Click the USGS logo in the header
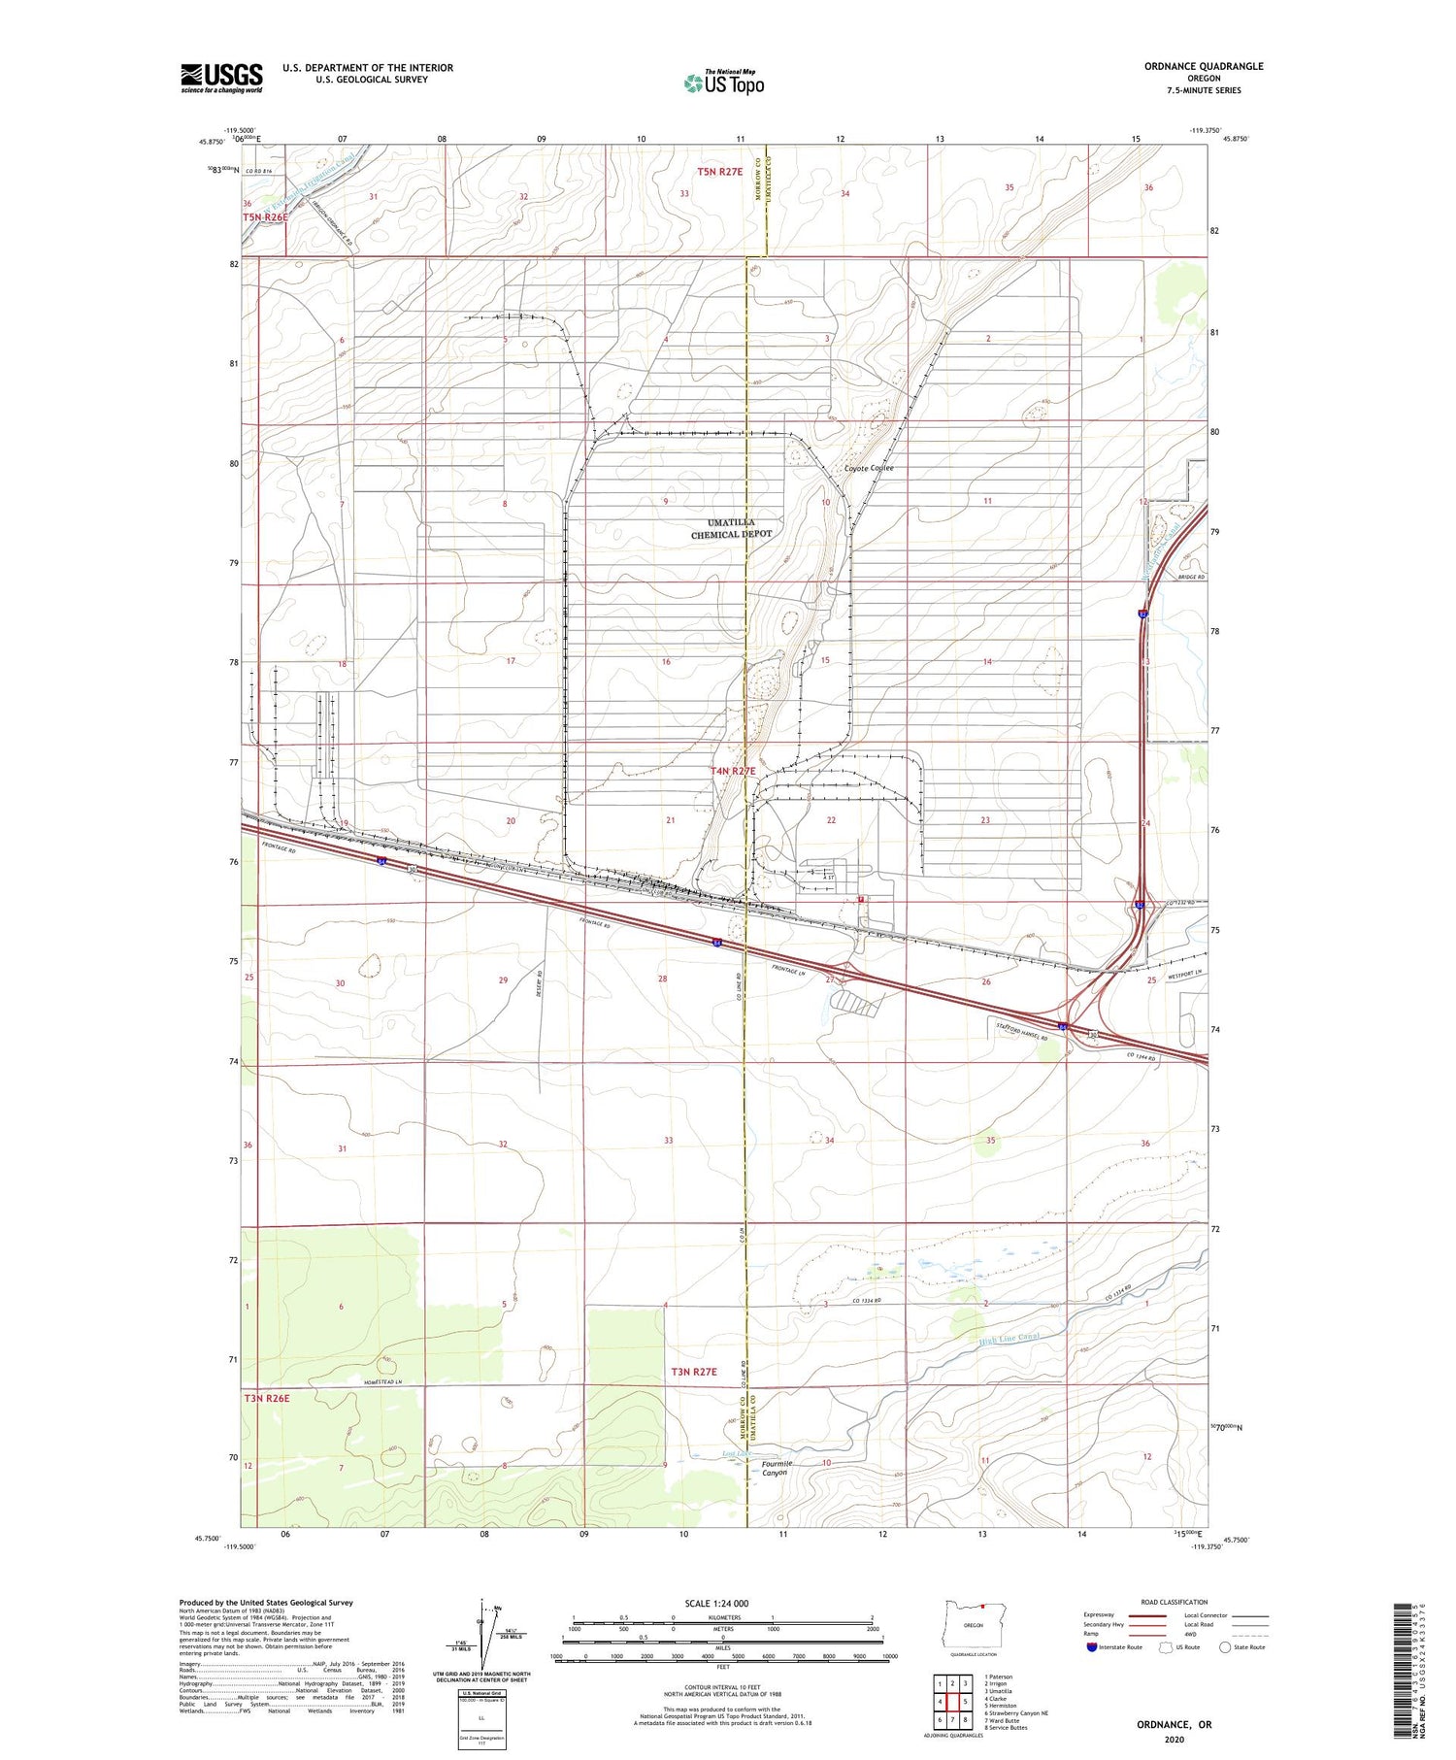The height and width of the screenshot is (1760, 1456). click(x=221, y=78)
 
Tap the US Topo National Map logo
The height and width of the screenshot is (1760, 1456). click(x=723, y=83)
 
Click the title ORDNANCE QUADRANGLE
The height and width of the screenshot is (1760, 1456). click(x=1204, y=66)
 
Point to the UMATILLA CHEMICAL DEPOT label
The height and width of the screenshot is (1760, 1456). click(x=732, y=528)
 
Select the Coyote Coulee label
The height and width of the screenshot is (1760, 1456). click(x=869, y=468)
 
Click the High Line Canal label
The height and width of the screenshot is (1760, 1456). click(x=1009, y=1339)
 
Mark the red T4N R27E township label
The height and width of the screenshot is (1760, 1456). click(x=733, y=771)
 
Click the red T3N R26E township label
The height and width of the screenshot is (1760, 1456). click(x=268, y=1398)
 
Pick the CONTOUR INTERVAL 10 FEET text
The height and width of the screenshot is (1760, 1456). click(x=723, y=1688)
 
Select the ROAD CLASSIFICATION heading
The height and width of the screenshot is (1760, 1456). click(x=1175, y=1602)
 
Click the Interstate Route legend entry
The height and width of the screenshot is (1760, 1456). click(x=1114, y=1647)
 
